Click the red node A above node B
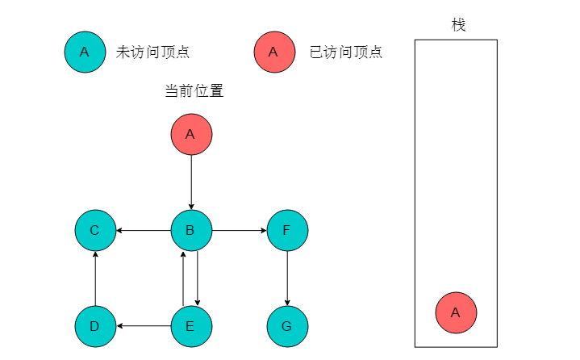pos(191,134)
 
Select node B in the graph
pos(191,230)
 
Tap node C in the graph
pos(95,230)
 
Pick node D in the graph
pos(95,326)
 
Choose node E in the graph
pos(191,326)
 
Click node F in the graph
pos(287,230)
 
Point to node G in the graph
pos(287,326)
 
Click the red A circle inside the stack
pos(456,312)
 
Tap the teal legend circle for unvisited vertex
pos(85,52)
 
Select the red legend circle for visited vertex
pos(274,52)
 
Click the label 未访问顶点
pos(152,52)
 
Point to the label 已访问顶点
pos(346,52)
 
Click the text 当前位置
pos(194,90)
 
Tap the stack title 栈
pos(458,25)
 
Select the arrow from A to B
pos(191,182)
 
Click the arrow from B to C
pos(144,231)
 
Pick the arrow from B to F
pos(240,231)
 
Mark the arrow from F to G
pos(287,278)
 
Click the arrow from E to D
pos(144,326)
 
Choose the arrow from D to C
pos(95,278)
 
